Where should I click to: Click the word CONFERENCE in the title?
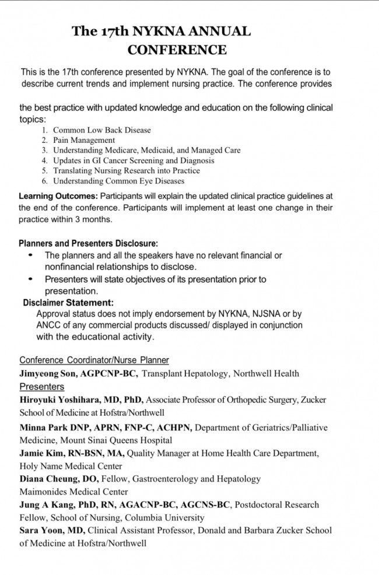click(x=177, y=50)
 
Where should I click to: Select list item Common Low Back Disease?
click(x=101, y=130)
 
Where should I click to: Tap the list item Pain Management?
click(x=84, y=140)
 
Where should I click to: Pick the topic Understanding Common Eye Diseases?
click(x=117, y=181)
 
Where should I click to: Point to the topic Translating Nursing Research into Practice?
click(x=126, y=171)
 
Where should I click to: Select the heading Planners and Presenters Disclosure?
click(x=88, y=244)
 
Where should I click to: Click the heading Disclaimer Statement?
click(x=68, y=303)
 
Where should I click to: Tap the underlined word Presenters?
click(x=42, y=387)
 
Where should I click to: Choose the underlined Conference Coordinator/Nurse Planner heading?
click(x=94, y=360)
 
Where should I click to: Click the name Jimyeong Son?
click(x=47, y=373)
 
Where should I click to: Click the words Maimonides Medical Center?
click(x=73, y=492)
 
